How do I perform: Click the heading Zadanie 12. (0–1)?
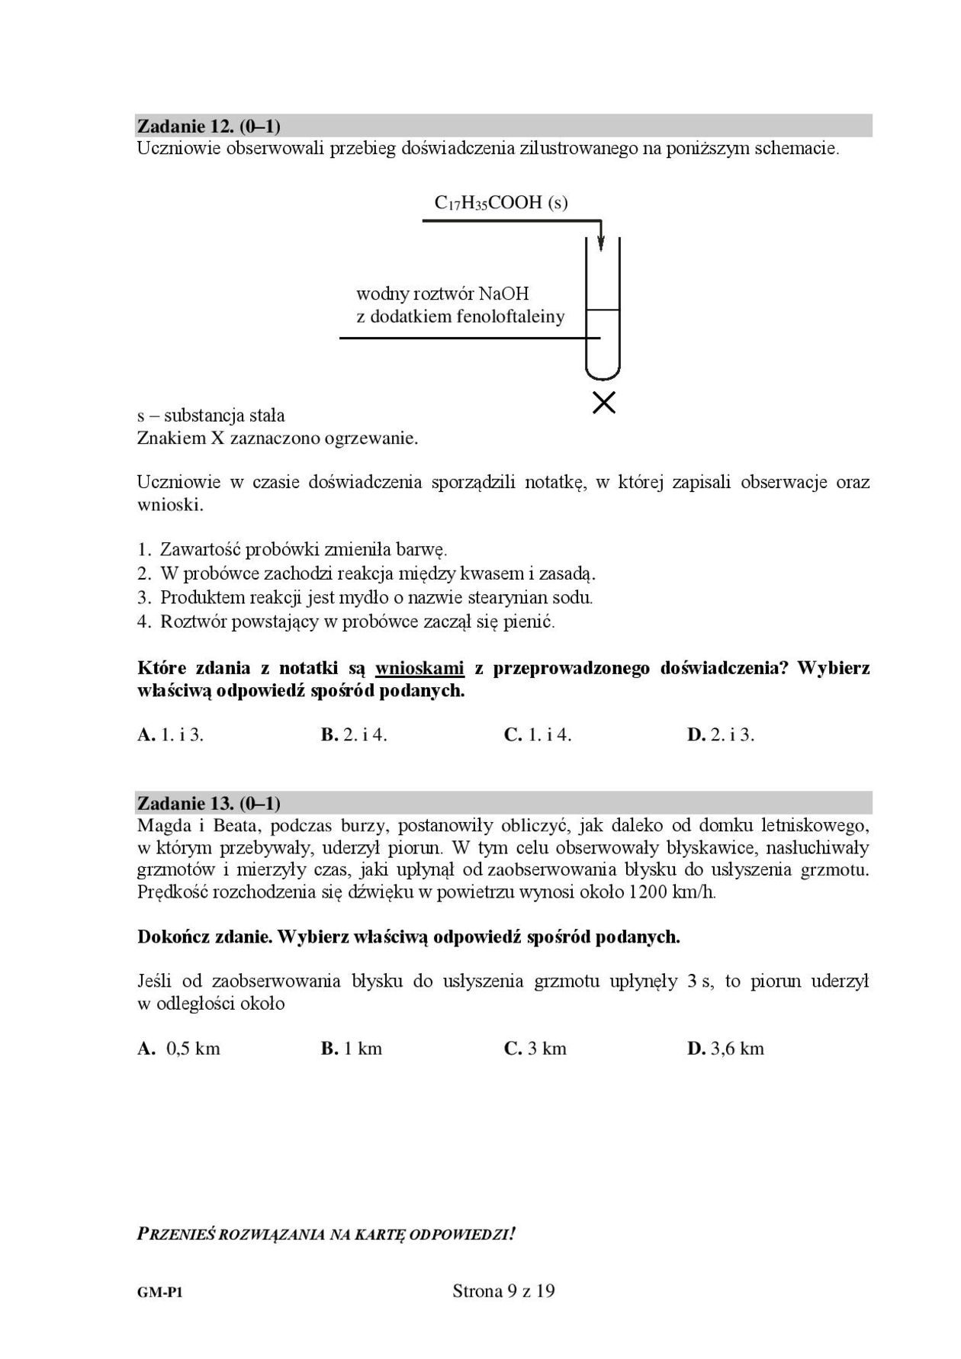coord(208,126)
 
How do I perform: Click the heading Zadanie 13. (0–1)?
coord(208,803)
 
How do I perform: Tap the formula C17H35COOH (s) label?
coord(501,203)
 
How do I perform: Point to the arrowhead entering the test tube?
coord(601,243)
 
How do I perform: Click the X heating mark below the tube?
coord(604,403)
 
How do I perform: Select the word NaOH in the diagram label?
coord(503,294)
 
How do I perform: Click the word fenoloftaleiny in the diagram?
coord(511,316)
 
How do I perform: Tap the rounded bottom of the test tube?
coord(603,371)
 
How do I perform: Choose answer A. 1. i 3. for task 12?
coord(170,734)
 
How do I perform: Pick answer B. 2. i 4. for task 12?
coord(354,734)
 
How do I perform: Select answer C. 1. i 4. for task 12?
coord(538,734)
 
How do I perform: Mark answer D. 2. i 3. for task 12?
coord(721,734)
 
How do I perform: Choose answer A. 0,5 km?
coord(179,1049)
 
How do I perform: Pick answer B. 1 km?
coord(352,1049)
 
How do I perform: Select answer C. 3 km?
coord(535,1049)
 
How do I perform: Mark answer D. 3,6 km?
coord(725,1049)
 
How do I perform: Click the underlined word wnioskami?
coord(419,669)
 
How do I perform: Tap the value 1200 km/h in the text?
coord(672,892)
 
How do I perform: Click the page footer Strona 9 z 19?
coord(503,1291)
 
